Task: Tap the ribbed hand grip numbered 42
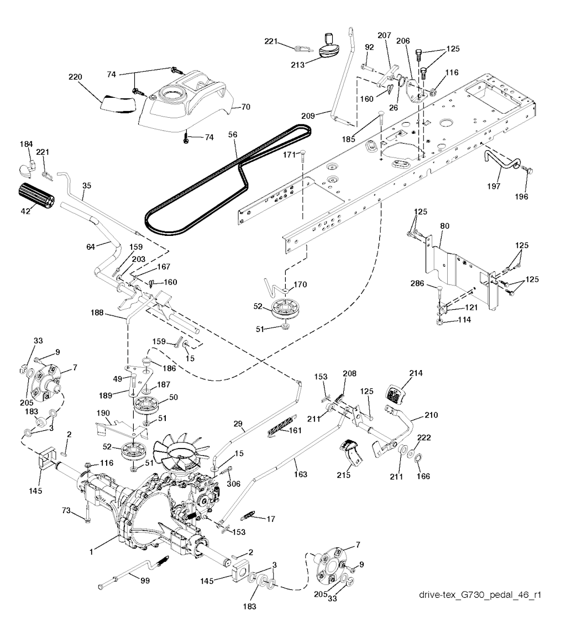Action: pos(35,195)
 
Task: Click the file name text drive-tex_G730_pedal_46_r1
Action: pos(479,595)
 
